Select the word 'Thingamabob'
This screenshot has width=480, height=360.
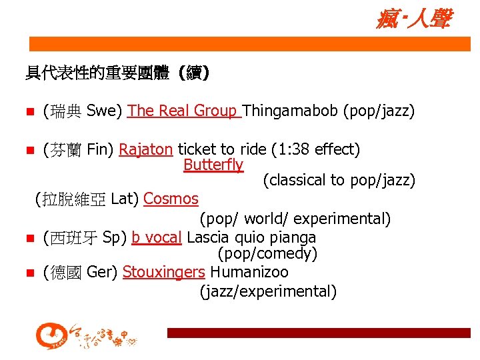(x=291, y=111)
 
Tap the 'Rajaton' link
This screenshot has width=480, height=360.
(x=145, y=149)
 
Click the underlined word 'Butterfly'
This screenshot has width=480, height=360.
(x=213, y=165)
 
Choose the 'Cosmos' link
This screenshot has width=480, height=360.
(x=171, y=199)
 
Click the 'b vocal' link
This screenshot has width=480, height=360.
(x=157, y=237)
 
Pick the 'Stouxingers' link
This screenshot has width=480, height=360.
(x=164, y=272)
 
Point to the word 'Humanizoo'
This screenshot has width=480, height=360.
(x=249, y=272)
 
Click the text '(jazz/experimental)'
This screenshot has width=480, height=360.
(x=268, y=291)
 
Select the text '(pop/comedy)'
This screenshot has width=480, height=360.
(x=267, y=254)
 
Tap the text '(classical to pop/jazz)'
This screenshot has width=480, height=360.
(x=339, y=180)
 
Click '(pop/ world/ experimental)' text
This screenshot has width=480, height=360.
(x=295, y=219)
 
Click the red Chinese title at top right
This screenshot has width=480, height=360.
(x=413, y=19)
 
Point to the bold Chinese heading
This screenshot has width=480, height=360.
(x=118, y=73)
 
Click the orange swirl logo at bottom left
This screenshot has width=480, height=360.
(x=51, y=336)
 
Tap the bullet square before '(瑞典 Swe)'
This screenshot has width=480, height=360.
(x=28, y=111)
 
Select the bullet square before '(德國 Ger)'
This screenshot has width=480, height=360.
(x=28, y=273)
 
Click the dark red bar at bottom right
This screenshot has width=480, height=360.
(x=319, y=333)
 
